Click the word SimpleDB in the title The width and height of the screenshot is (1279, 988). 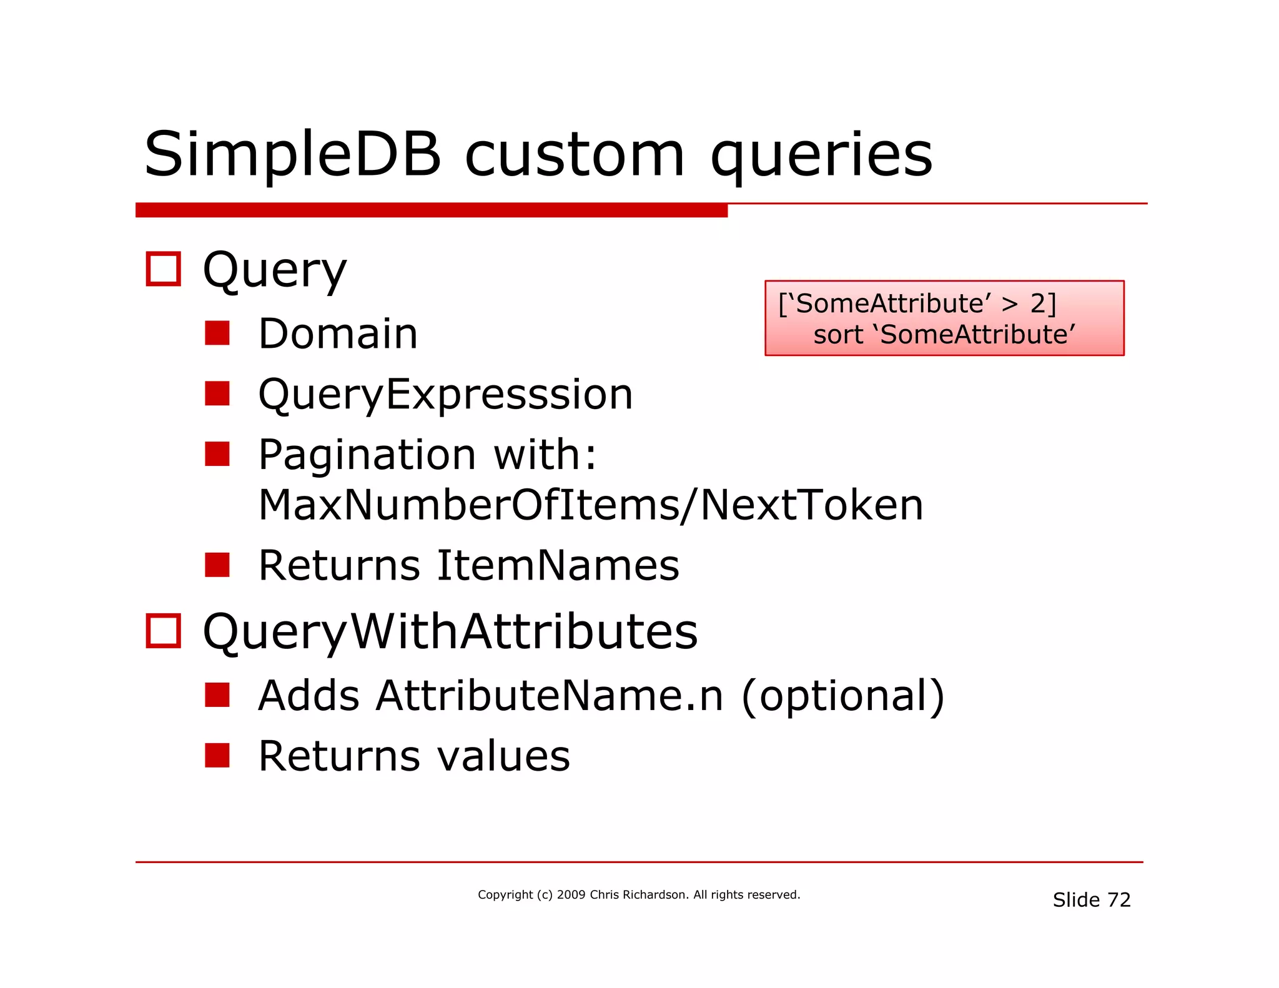[292, 155]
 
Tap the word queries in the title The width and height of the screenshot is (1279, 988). [821, 156]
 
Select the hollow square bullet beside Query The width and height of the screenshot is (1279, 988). [164, 269]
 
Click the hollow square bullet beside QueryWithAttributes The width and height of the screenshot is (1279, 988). [164, 631]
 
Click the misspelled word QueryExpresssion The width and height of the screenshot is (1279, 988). [445, 395]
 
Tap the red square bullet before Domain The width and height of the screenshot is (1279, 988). [217, 333]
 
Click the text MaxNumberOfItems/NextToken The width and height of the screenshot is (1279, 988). [590, 505]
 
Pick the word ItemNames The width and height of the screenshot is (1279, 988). [558, 565]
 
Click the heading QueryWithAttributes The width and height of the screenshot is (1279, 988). [450, 631]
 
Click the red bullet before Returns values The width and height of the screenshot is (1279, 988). [217, 755]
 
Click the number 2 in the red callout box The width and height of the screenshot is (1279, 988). [1038, 304]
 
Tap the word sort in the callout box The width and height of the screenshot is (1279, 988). [838, 335]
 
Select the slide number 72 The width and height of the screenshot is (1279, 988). [1119, 900]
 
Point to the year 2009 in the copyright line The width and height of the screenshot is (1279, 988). [571, 895]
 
